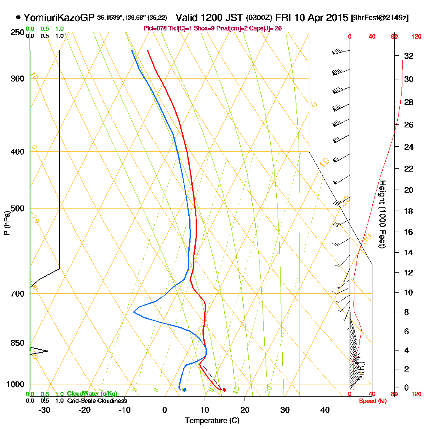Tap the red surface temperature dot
point(224,390)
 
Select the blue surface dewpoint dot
point(184,390)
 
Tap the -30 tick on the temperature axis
point(45,410)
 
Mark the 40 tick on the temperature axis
point(325,410)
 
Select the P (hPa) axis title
point(6,223)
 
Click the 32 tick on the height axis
point(409,56)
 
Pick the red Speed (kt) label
point(372,401)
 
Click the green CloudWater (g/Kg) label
point(92,394)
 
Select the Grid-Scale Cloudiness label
point(97,401)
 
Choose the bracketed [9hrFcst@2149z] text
point(380,18)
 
